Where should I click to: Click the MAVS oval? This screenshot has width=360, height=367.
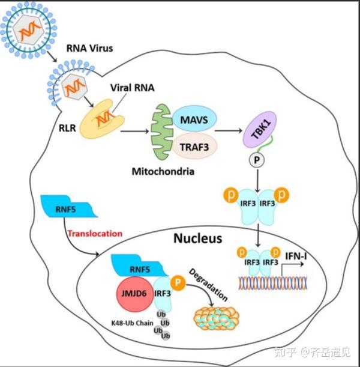194,120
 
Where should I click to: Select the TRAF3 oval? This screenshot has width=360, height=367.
195,147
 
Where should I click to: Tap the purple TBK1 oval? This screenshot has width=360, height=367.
260,129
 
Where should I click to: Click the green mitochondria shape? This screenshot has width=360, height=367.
162,132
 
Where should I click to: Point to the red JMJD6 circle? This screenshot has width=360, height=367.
134,294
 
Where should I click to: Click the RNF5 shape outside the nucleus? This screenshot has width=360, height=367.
68,207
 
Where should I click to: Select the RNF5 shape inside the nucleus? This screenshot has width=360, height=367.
139,265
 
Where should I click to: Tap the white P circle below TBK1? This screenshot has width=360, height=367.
257,160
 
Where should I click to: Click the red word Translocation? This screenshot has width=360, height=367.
95,233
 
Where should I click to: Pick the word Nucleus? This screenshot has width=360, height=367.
198,238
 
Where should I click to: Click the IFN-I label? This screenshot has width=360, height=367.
296,256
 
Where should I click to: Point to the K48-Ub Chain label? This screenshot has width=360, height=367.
132,323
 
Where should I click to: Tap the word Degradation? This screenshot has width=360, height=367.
208,285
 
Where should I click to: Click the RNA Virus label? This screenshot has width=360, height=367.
90,48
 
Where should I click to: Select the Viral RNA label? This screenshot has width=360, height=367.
133,88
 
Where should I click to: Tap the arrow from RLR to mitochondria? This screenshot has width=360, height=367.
134,132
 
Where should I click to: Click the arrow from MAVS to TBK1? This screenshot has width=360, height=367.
229,130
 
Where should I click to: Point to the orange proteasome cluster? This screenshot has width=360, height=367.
217,318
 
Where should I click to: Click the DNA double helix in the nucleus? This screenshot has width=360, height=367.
272,283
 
